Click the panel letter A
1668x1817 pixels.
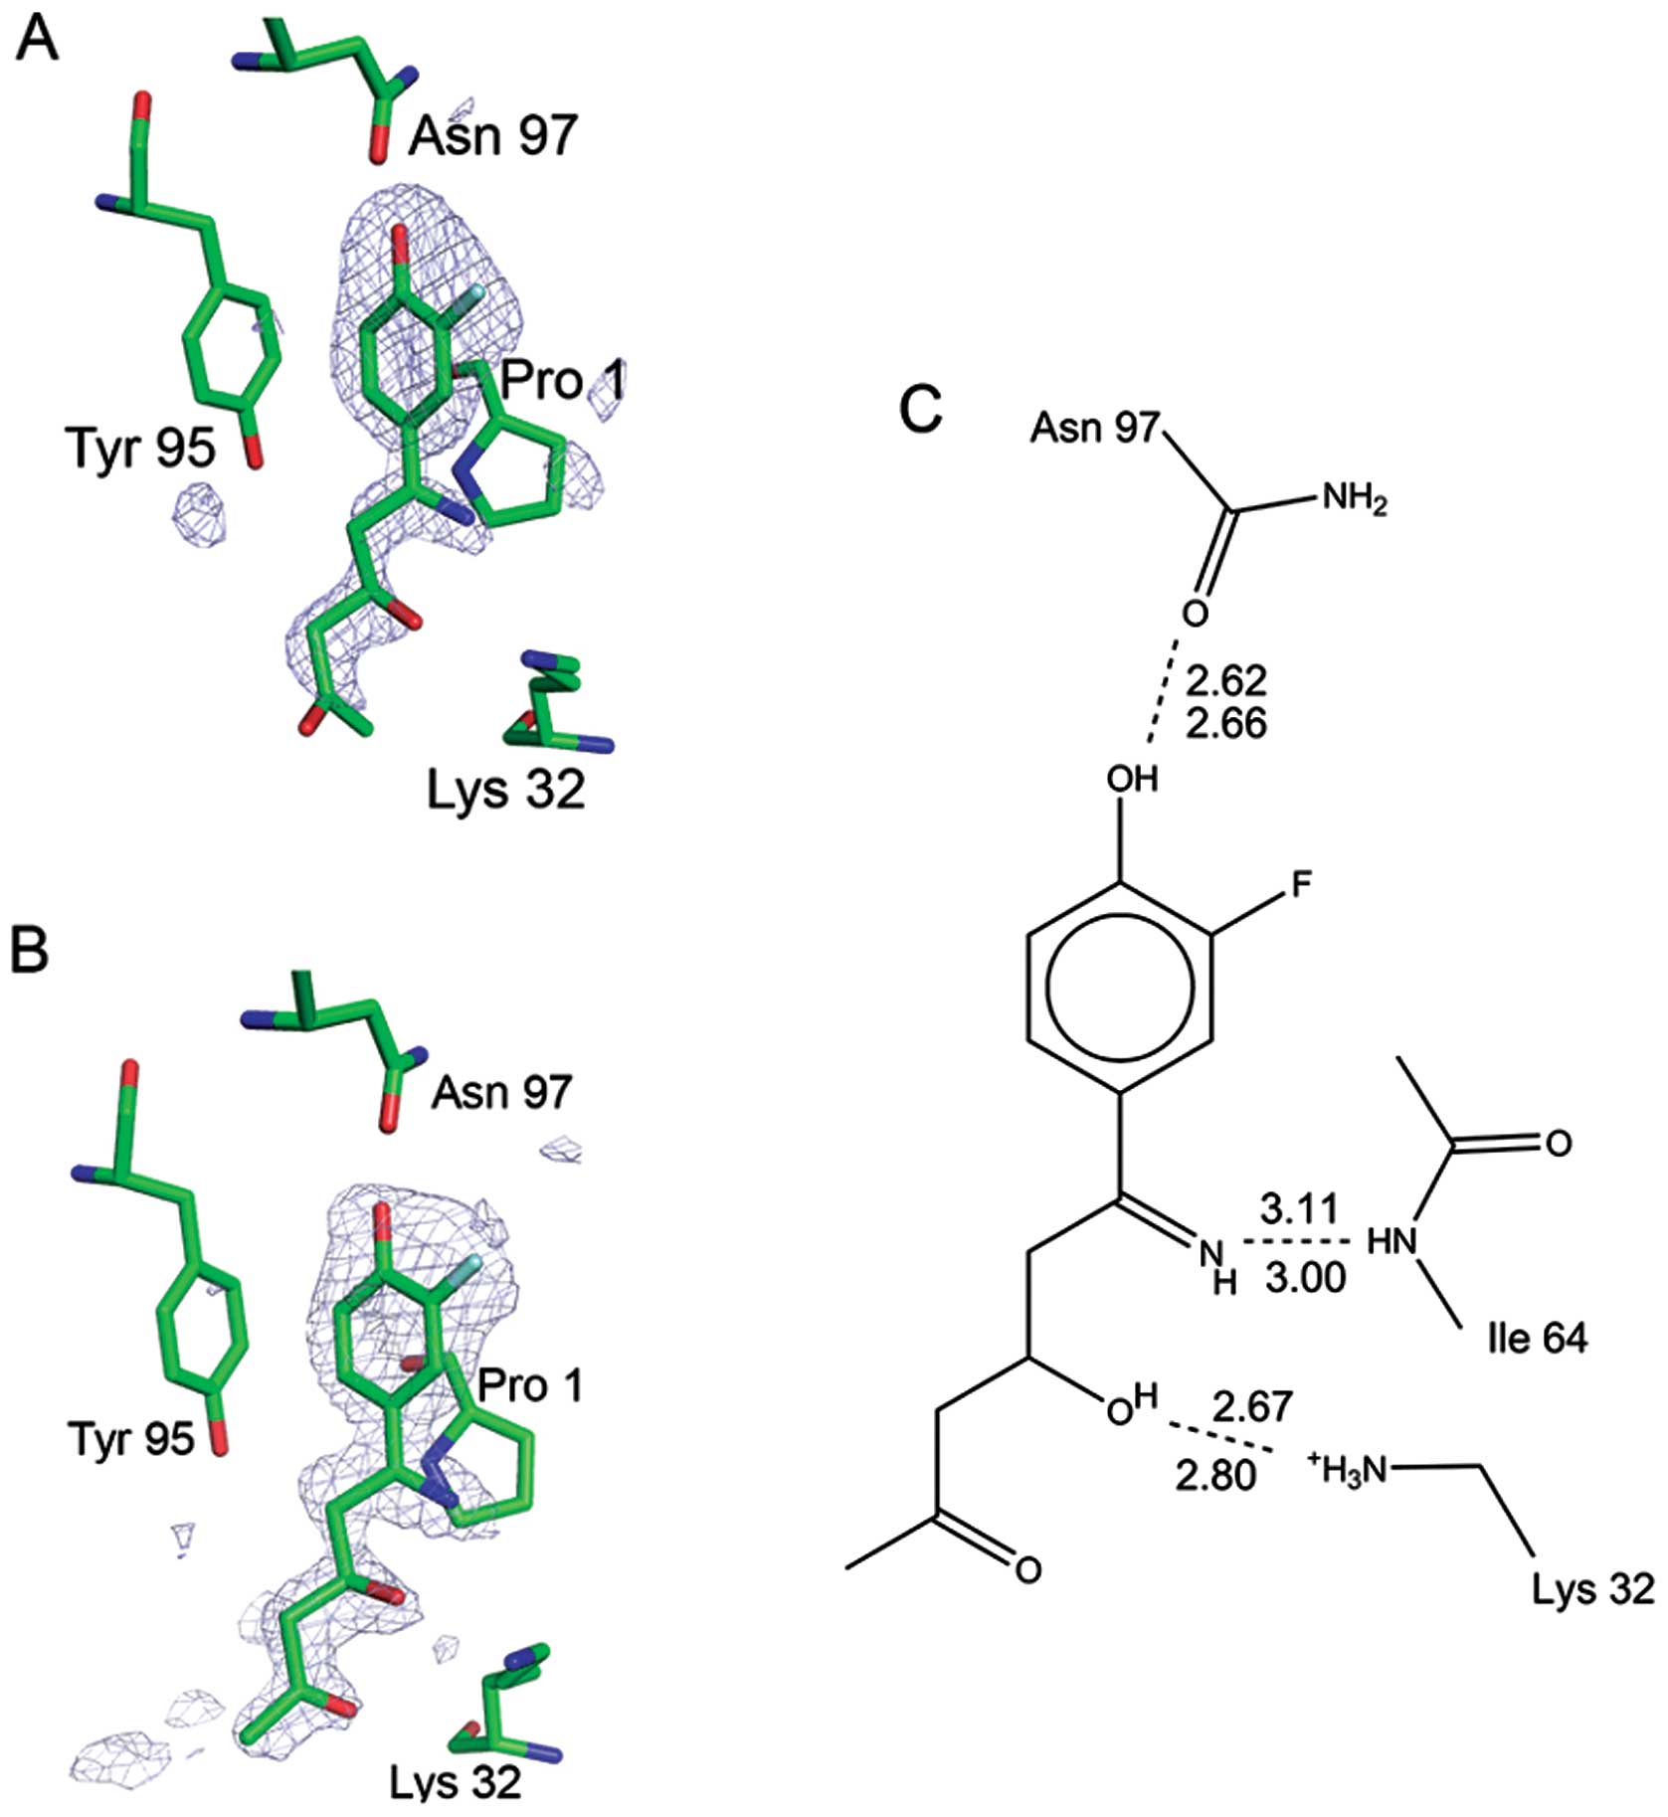click(37, 39)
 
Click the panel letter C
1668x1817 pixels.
click(920, 408)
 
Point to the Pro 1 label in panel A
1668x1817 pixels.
click(563, 380)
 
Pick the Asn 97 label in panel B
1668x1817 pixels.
click(501, 1093)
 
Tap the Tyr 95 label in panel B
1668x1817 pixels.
click(131, 1438)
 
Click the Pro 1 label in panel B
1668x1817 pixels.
click(530, 1385)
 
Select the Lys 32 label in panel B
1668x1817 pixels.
click(455, 1782)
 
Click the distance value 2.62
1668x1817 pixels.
click(1226, 681)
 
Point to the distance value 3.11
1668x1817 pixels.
click(1299, 1210)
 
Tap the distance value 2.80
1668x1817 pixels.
click(1214, 1475)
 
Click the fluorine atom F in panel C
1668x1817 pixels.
click(1301, 884)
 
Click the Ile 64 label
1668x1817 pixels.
click(1537, 1339)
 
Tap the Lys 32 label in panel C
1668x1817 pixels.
click(1592, 1588)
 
